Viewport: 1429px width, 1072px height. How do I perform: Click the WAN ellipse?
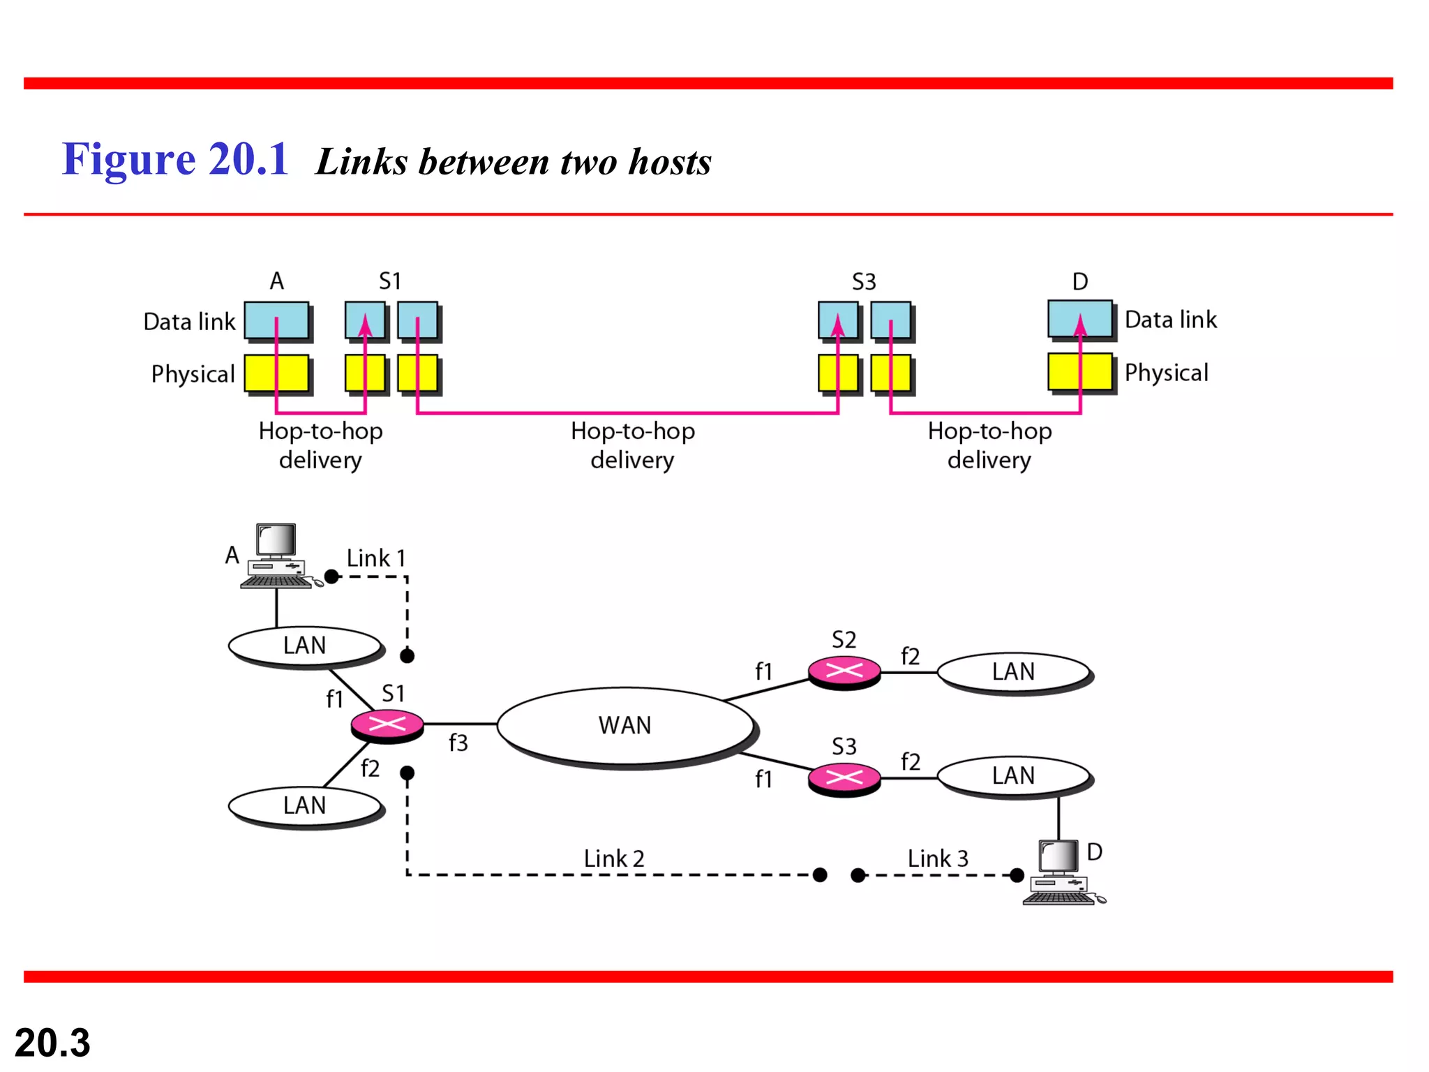click(x=625, y=726)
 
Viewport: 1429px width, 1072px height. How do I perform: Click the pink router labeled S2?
click(x=844, y=672)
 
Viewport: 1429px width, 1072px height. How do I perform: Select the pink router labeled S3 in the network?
click(x=844, y=777)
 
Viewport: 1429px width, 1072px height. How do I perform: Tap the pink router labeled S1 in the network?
click(x=387, y=724)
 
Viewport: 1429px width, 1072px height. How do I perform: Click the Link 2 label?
click(x=614, y=858)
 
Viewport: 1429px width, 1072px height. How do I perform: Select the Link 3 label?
click(x=938, y=858)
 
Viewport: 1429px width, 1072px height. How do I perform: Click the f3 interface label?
click(x=458, y=743)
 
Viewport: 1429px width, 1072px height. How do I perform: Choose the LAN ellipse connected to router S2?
click(x=1013, y=672)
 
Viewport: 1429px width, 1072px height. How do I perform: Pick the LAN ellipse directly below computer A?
click(x=305, y=646)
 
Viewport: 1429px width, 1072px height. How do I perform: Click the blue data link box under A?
click(x=277, y=320)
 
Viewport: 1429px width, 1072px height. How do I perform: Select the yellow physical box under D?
click(x=1079, y=372)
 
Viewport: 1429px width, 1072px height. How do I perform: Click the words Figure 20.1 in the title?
click(x=175, y=159)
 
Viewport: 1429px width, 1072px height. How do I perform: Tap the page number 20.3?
click(x=52, y=1043)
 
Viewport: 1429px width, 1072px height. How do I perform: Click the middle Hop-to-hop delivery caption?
click(x=632, y=445)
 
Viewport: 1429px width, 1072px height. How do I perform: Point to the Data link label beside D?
click(x=1170, y=320)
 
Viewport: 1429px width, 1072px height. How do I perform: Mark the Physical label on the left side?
click(x=193, y=374)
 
